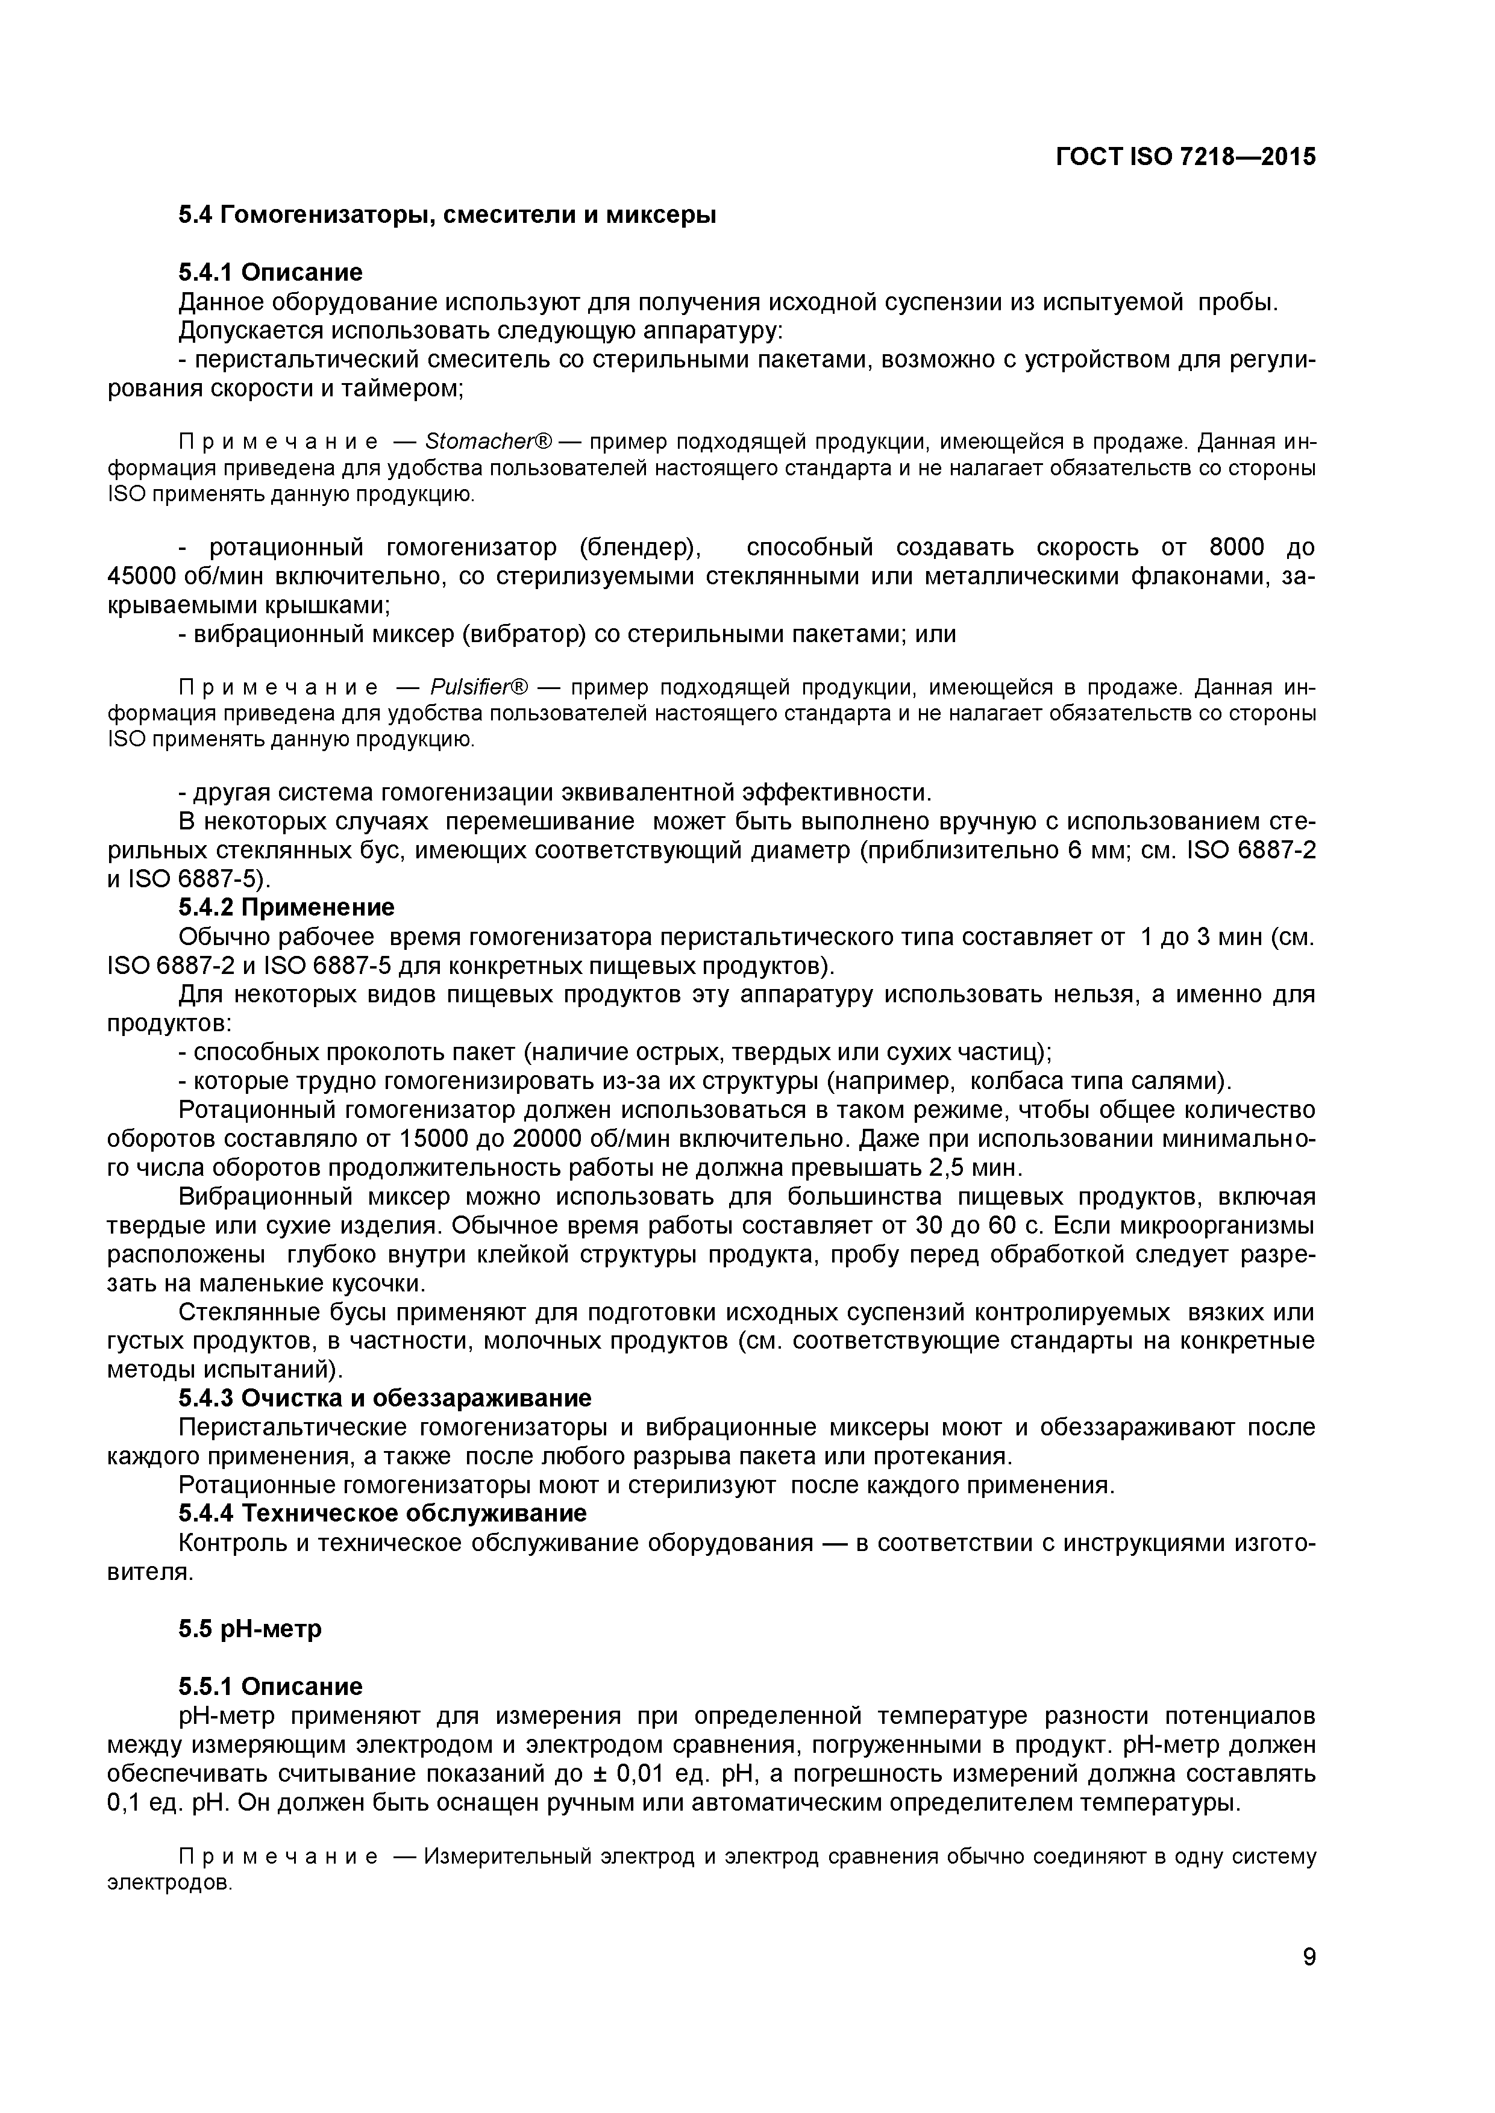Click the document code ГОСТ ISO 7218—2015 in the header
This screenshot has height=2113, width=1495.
tap(1186, 157)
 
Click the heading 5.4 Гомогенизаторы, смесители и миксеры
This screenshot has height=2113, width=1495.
tap(447, 216)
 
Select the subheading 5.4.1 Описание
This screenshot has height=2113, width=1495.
tap(270, 272)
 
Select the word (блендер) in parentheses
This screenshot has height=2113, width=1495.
tap(640, 549)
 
